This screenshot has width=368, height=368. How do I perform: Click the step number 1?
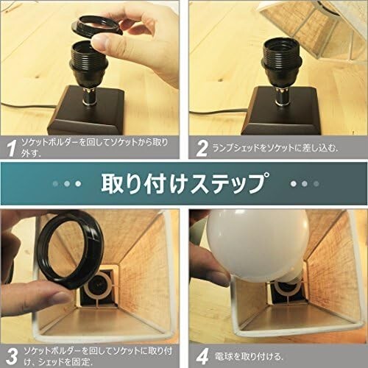[x=12, y=148]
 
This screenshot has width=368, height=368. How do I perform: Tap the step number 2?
[x=202, y=149]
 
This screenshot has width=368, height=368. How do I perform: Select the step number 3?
[x=12, y=356]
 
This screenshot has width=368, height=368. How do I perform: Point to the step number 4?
[x=202, y=356]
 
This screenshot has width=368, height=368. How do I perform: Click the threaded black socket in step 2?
[x=279, y=57]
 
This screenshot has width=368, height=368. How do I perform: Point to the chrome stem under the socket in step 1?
[x=89, y=96]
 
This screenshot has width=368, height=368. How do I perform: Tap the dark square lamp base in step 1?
[x=86, y=112]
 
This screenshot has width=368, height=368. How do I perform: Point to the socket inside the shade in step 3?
[x=98, y=289]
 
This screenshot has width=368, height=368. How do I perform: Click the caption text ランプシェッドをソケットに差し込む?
[x=275, y=149]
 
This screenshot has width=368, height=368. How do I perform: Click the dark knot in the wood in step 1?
[x=38, y=77]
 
